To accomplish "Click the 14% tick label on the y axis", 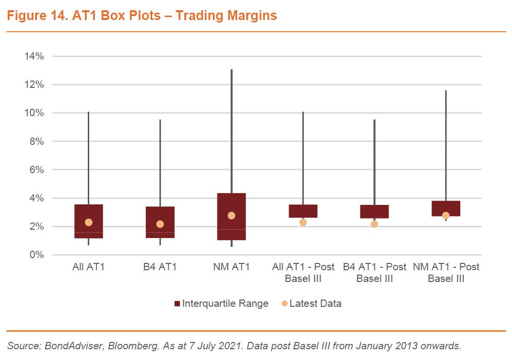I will (x=35, y=56).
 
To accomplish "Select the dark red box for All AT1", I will (x=88, y=221).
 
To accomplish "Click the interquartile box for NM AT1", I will (x=231, y=217).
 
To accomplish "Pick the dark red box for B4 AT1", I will (x=160, y=222).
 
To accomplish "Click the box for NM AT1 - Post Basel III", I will (x=446, y=208).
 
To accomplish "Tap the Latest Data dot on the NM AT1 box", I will (x=231, y=216).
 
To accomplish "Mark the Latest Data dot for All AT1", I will (x=88, y=222).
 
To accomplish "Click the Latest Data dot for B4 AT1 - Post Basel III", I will (x=374, y=224).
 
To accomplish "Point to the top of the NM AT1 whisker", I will (x=231, y=70).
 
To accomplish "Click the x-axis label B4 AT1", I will (x=160, y=267).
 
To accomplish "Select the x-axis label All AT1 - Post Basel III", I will (x=303, y=273).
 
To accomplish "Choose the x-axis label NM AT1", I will (x=231, y=267).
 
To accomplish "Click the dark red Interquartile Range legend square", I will (x=177, y=304).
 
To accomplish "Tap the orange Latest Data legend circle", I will (x=285, y=304).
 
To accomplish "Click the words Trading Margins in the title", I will (x=226, y=16).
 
